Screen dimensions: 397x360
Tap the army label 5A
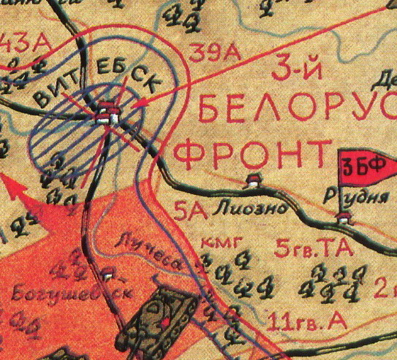pos(189,210)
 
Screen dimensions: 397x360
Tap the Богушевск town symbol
pos(108,271)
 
